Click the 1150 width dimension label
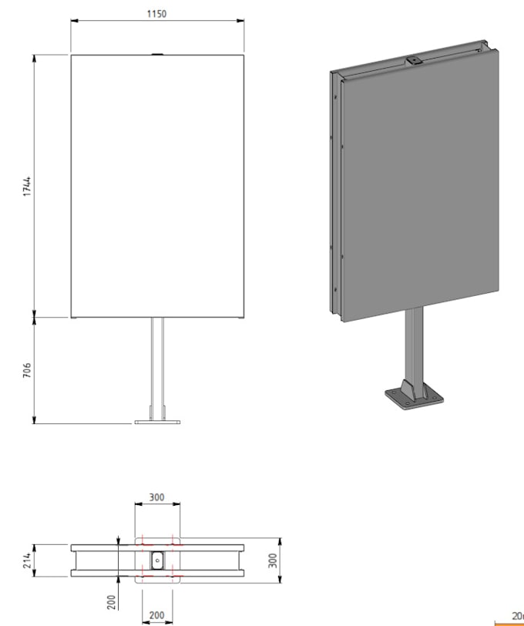pos(156,14)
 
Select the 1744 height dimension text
pos(26,186)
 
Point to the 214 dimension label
pos(26,560)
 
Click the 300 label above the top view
pos(156,497)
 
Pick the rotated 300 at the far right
pos(272,560)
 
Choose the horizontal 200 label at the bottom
pos(156,615)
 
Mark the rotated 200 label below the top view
pos(112,601)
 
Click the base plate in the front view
pos(157,422)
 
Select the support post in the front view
pos(157,366)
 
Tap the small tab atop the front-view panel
pos(157,54)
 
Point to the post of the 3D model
pos(415,347)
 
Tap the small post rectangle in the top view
pos(157,560)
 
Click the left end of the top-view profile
pos(74,560)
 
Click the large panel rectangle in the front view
pos(157,185)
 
